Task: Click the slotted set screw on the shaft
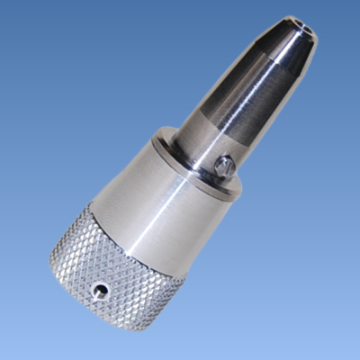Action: coord(226,165)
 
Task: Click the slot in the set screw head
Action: coord(226,165)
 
